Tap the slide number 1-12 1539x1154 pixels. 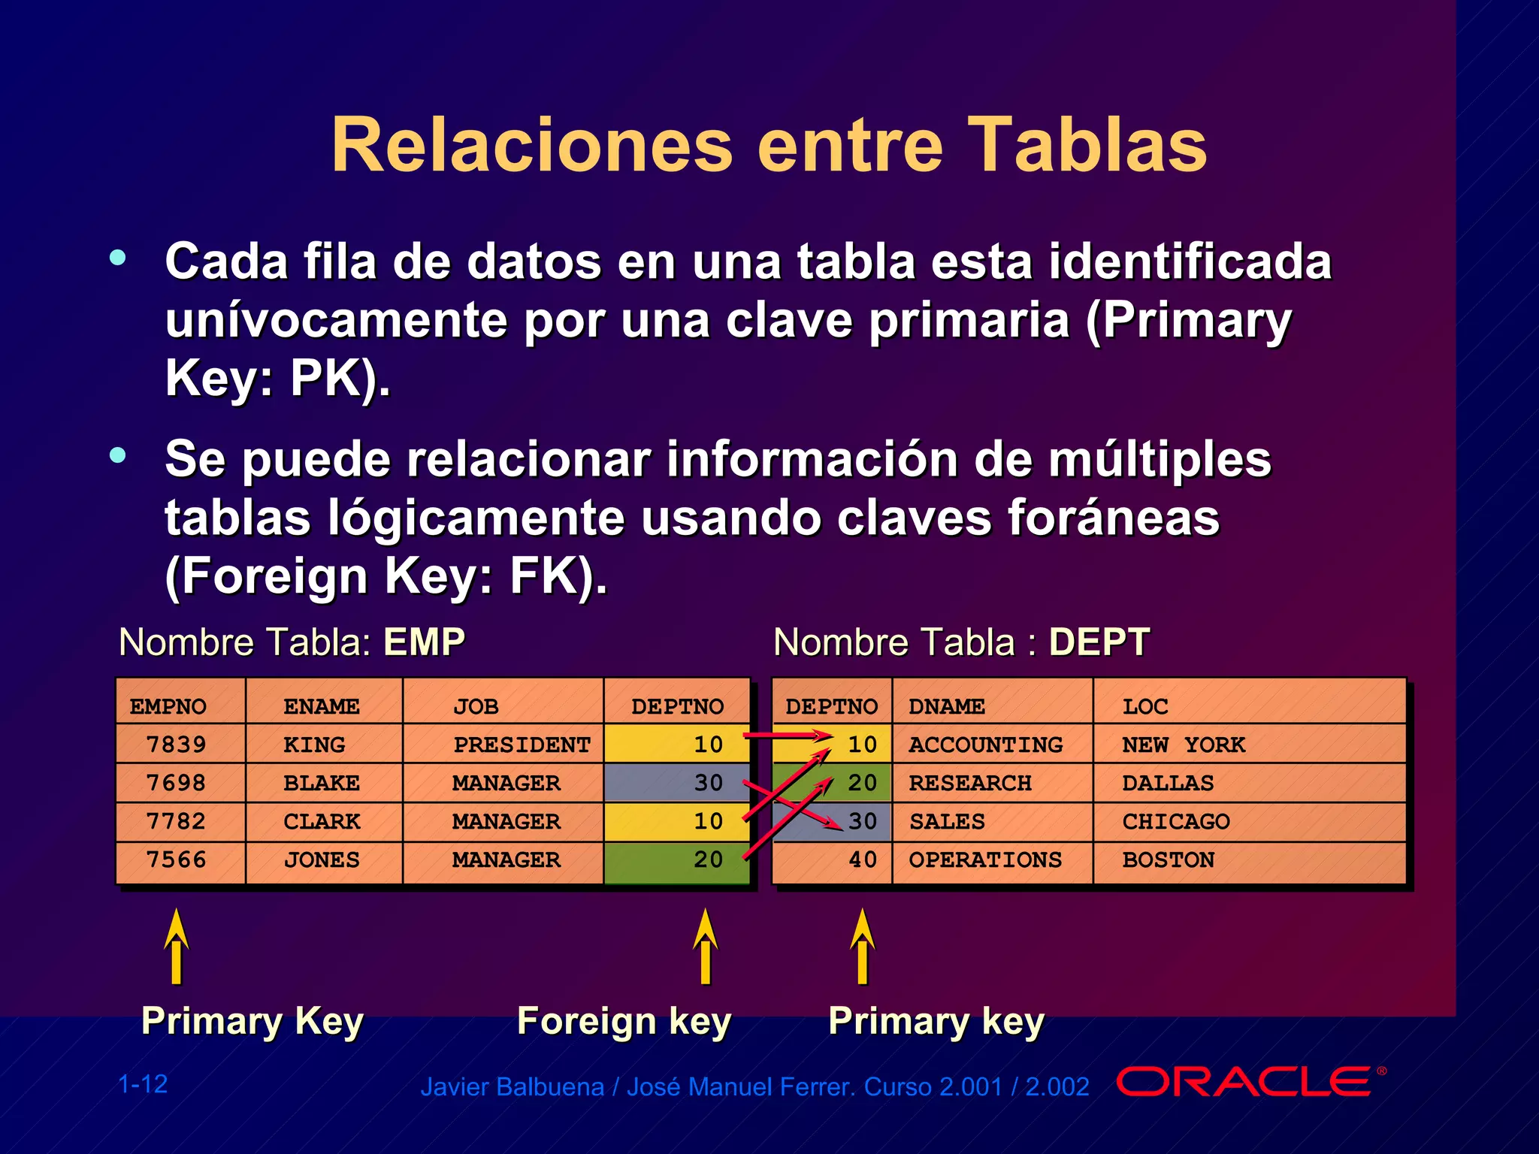tap(143, 1084)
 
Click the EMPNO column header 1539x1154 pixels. tap(168, 706)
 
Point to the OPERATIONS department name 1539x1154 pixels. tap(985, 859)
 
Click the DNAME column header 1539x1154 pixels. tap(946, 706)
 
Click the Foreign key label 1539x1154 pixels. tap(624, 1022)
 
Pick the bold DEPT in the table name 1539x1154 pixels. tap(1099, 642)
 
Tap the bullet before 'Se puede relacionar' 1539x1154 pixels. tap(118, 455)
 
